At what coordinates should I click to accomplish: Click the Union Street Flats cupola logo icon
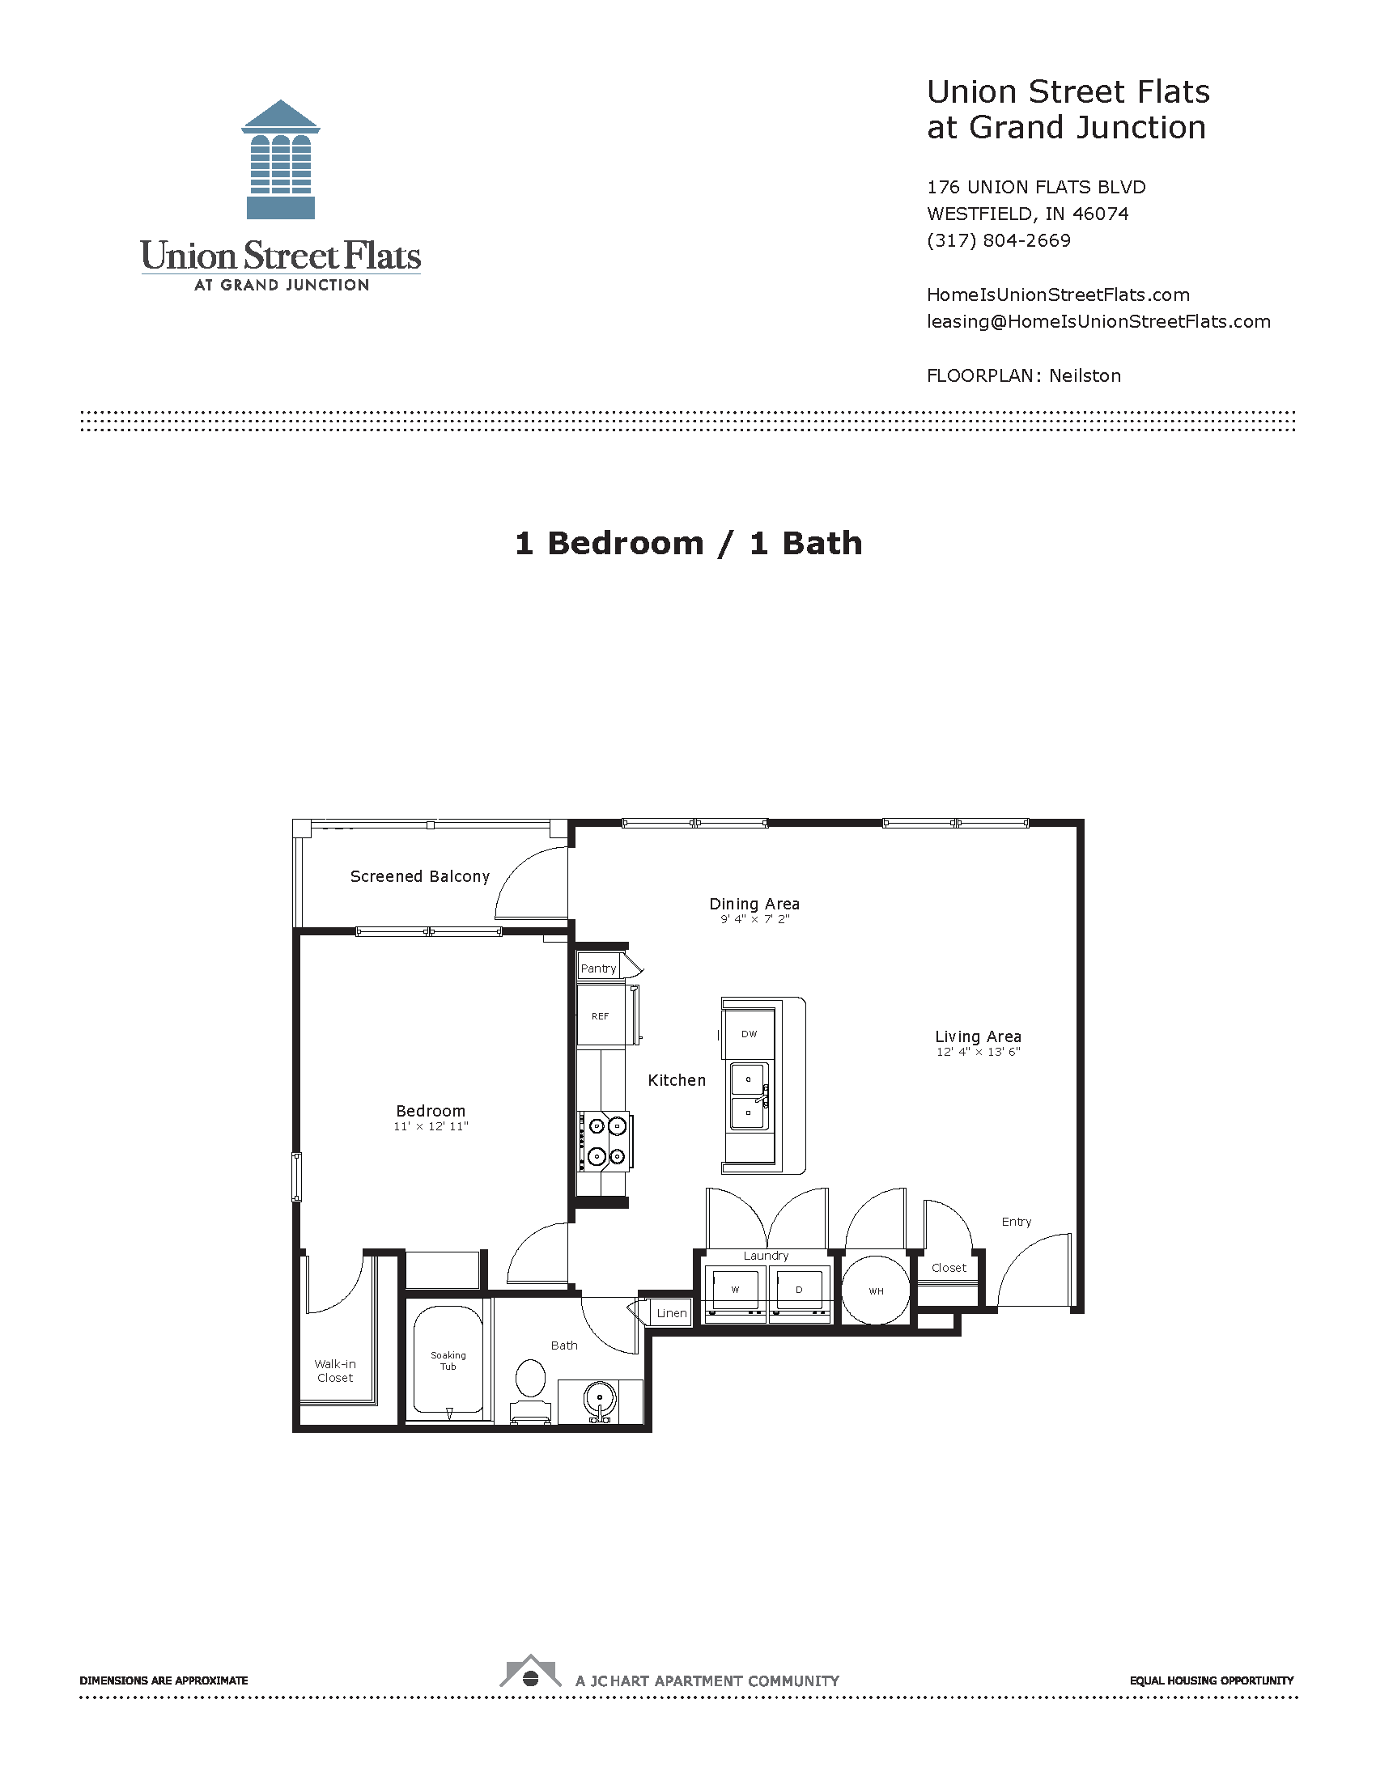[x=280, y=160]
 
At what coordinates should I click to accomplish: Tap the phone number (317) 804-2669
[x=999, y=240]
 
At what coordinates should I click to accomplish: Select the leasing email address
[x=1098, y=321]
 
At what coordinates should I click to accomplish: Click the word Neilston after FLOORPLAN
[x=1084, y=375]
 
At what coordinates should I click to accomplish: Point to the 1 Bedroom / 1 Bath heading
[x=688, y=543]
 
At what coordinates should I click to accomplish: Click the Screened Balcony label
[x=420, y=876]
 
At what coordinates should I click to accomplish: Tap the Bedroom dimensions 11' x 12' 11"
[x=431, y=1126]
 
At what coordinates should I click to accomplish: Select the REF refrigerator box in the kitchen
[x=601, y=1016]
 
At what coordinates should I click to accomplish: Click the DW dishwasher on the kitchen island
[x=750, y=1033]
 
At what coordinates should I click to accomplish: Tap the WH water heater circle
[x=876, y=1291]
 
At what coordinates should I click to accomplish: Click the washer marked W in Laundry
[x=735, y=1290]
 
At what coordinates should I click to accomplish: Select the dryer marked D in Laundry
[x=799, y=1290]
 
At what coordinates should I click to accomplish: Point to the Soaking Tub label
[x=448, y=1360]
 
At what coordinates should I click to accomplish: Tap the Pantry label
[x=598, y=968]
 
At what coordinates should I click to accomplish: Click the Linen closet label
[x=672, y=1313]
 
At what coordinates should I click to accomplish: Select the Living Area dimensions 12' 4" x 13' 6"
[x=979, y=1052]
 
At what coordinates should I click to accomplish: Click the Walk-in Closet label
[x=335, y=1371]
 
